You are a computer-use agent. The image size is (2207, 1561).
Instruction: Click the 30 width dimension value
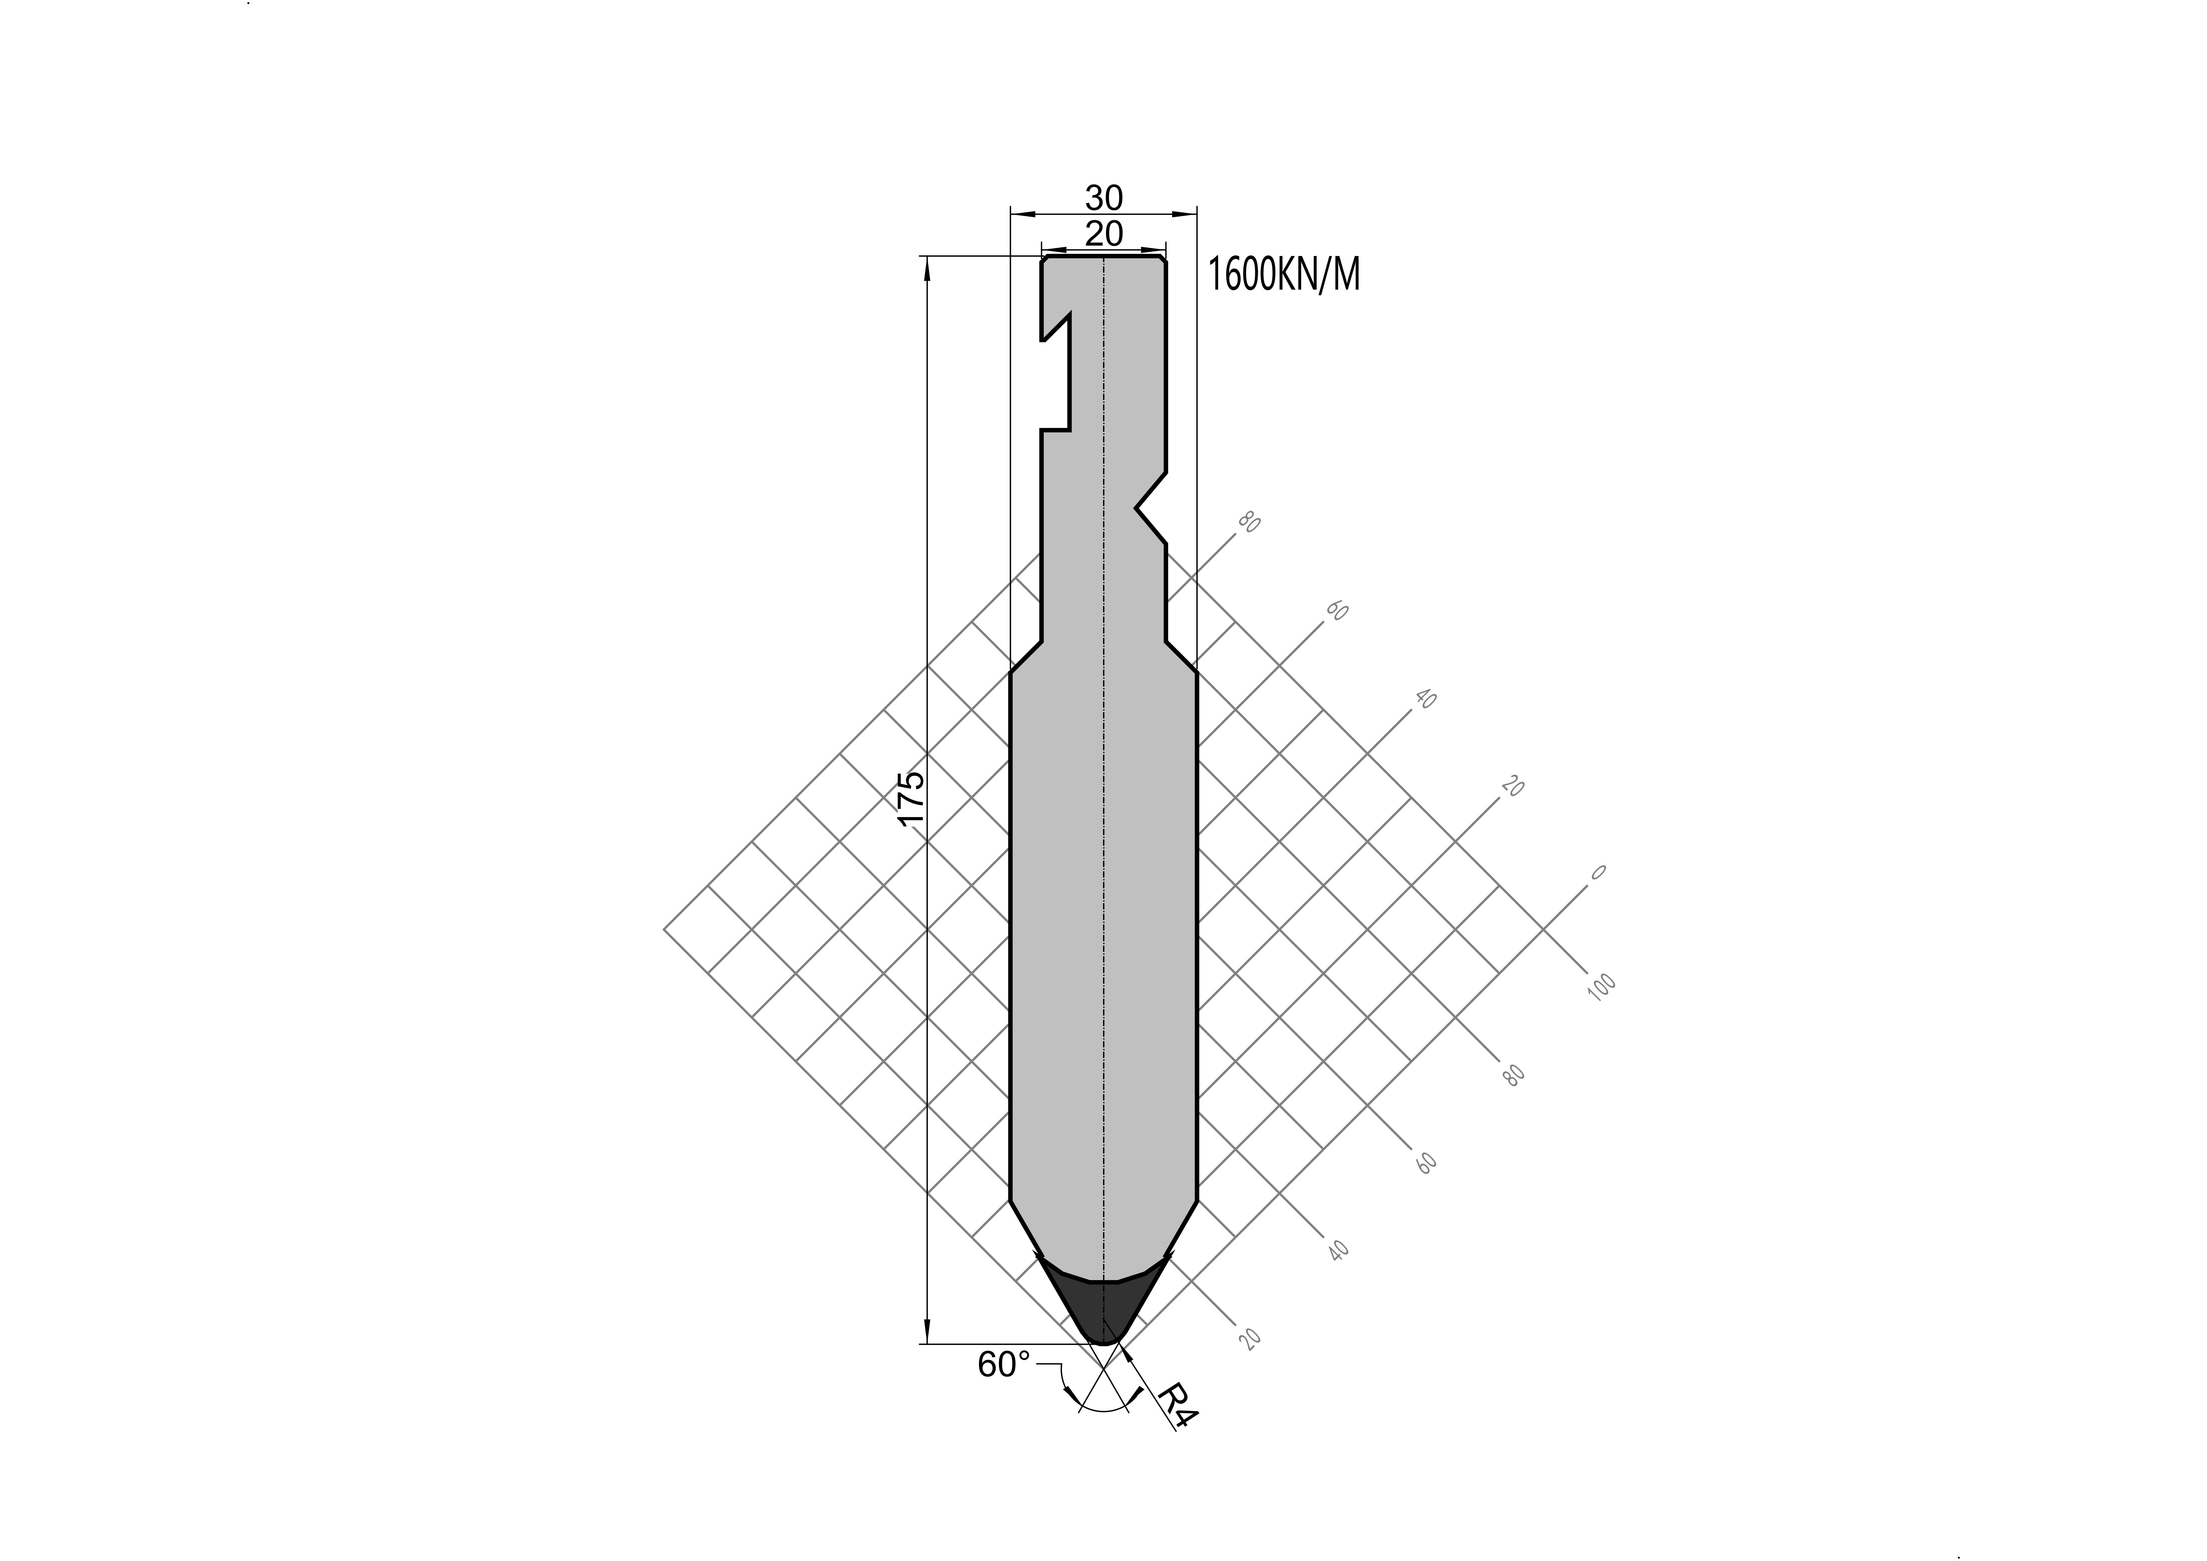coord(1104,198)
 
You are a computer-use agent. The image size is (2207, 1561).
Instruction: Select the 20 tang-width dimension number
coord(1104,234)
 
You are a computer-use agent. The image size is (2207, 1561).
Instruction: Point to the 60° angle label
coord(1004,1365)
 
